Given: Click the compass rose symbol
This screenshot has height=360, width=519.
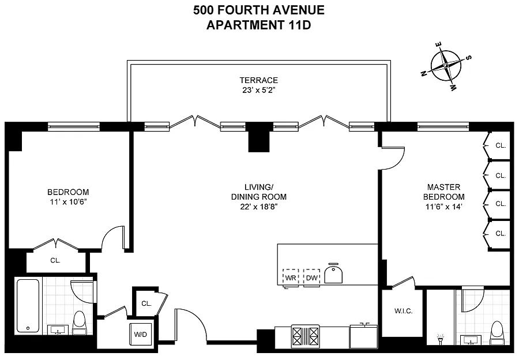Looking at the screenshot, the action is click(x=446, y=66).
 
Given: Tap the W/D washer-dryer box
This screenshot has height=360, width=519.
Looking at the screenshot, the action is click(x=140, y=334).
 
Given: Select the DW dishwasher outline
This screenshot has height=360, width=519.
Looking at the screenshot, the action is click(x=312, y=278).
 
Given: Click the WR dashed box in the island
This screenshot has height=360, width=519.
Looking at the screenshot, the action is click(x=291, y=278).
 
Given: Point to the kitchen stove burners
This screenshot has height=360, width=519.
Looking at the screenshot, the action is click(x=305, y=336).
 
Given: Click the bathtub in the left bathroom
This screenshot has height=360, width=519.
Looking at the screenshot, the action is click(x=28, y=306).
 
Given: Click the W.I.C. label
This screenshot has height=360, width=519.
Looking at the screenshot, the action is click(x=404, y=311).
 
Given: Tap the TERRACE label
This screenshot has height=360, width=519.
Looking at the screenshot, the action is click(x=259, y=80).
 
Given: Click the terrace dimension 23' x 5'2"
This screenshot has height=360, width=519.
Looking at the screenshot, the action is click(x=259, y=90).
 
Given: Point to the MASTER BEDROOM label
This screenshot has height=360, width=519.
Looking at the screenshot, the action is click(x=444, y=192).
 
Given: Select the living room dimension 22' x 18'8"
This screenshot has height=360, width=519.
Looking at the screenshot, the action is click(x=259, y=207).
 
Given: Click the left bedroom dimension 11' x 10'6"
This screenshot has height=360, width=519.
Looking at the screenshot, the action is click(x=68, y=202).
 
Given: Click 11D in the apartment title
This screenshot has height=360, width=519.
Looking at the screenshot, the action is click(x=299, y=25).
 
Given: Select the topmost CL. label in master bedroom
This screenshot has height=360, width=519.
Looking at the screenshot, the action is click(x=501, y=145).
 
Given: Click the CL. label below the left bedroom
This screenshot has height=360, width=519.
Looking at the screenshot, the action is click(x=55, y=261).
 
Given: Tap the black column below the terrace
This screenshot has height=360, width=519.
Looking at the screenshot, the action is click(x=259, y=137).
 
